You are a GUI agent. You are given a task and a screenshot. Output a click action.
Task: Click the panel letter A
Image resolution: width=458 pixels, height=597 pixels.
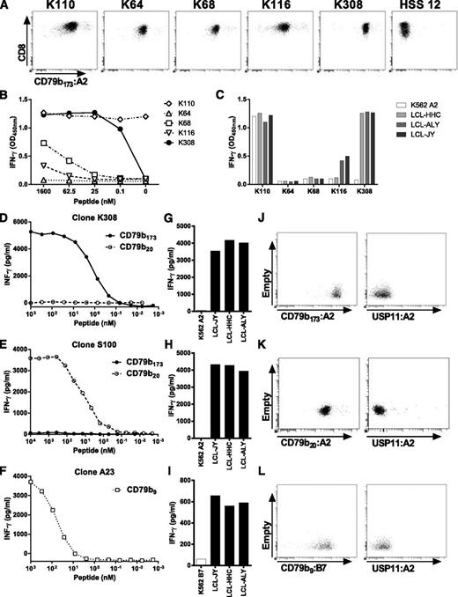click(x=8, y=5)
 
